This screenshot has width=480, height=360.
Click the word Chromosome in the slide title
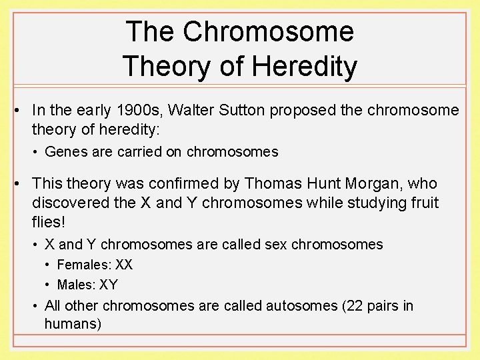pyautogui.click(x=268, y=32)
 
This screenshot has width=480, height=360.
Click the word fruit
pyautogui.click(x=422, y=202)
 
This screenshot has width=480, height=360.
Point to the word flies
pyautogui.click(x=49, y=221)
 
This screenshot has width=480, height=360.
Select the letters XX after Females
pyautogui.click(x=124, y=265)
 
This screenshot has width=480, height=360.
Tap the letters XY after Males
pyautogui.click(x=108, y=285)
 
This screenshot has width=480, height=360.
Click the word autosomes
pyautogui.click(x=300, y=306)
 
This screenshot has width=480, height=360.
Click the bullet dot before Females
pyautogui.click(x=48, y=265)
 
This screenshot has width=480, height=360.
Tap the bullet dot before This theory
pyautogui.click(x=22, y=183)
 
